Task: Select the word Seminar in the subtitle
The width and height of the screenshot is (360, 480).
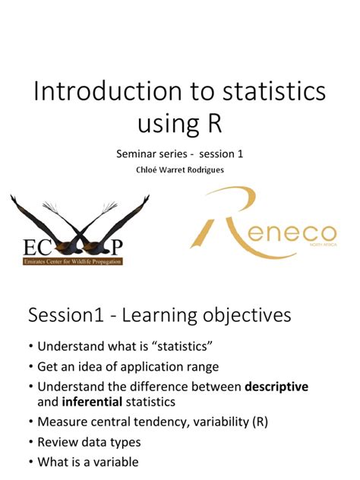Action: point(138,154)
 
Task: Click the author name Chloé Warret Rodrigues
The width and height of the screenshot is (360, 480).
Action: point(179,169)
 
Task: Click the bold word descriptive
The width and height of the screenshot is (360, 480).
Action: point(276,387)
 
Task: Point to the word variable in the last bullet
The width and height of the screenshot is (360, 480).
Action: point(114,460)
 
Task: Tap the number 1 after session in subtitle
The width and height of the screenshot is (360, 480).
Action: point(240,154)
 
